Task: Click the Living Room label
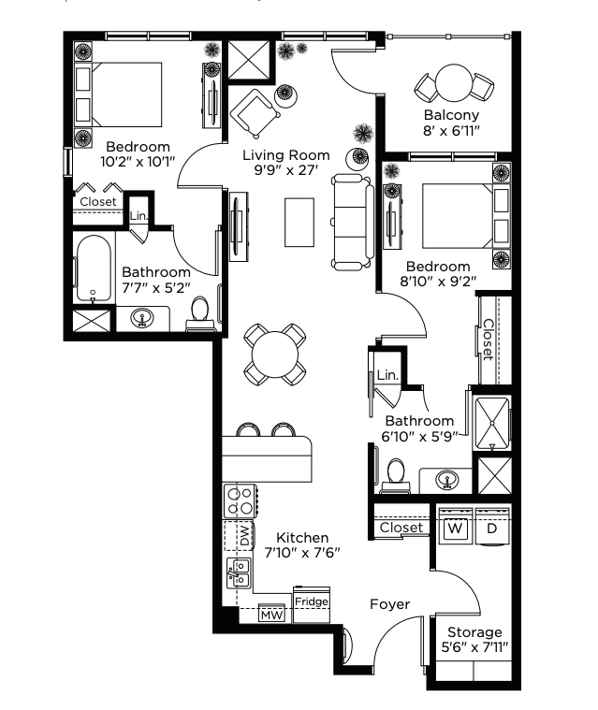(x=285, y=155)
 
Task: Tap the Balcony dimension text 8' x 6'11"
(x=451, y=131)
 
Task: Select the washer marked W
(x=455, y=528)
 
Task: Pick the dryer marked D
(x=492, y=528)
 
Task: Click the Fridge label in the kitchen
(x=312, y=601)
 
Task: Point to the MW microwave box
(x=271, y=614)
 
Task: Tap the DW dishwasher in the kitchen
(x=239, y=535)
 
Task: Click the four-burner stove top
(x=241, y=501)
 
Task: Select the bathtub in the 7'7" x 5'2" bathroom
(x=94, y=268)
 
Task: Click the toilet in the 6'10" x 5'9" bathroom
(x=396, y=475)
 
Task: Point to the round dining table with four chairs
(x=275, y=355)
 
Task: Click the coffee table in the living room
(x=299, y=223)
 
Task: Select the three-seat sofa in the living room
(x=353, y=222)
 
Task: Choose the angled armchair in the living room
(x=255, y=113)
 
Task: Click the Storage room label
(x=474, y=632)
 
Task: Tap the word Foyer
(x=389, y=604)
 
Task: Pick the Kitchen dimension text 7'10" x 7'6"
(x=302, y=553)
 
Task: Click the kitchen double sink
(x=239, y=572)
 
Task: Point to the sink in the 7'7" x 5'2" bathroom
(x=142, y=318)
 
